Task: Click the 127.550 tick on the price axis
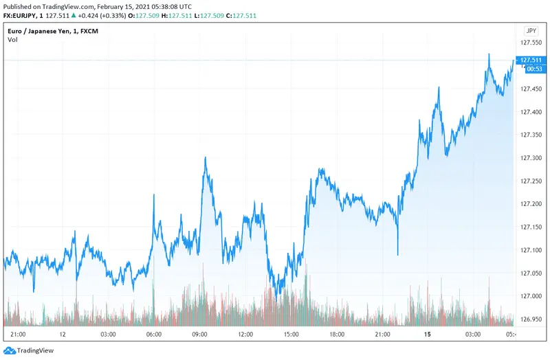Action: coord(531,43)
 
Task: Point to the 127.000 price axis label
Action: coord(531,296)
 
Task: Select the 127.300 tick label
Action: coord(531,158)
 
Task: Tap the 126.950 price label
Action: coord(531,319)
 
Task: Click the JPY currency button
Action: coord(531,31)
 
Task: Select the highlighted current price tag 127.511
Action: coord(531,60)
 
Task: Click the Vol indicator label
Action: coord(12,40)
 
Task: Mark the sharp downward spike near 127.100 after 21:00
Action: coord(398,254)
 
